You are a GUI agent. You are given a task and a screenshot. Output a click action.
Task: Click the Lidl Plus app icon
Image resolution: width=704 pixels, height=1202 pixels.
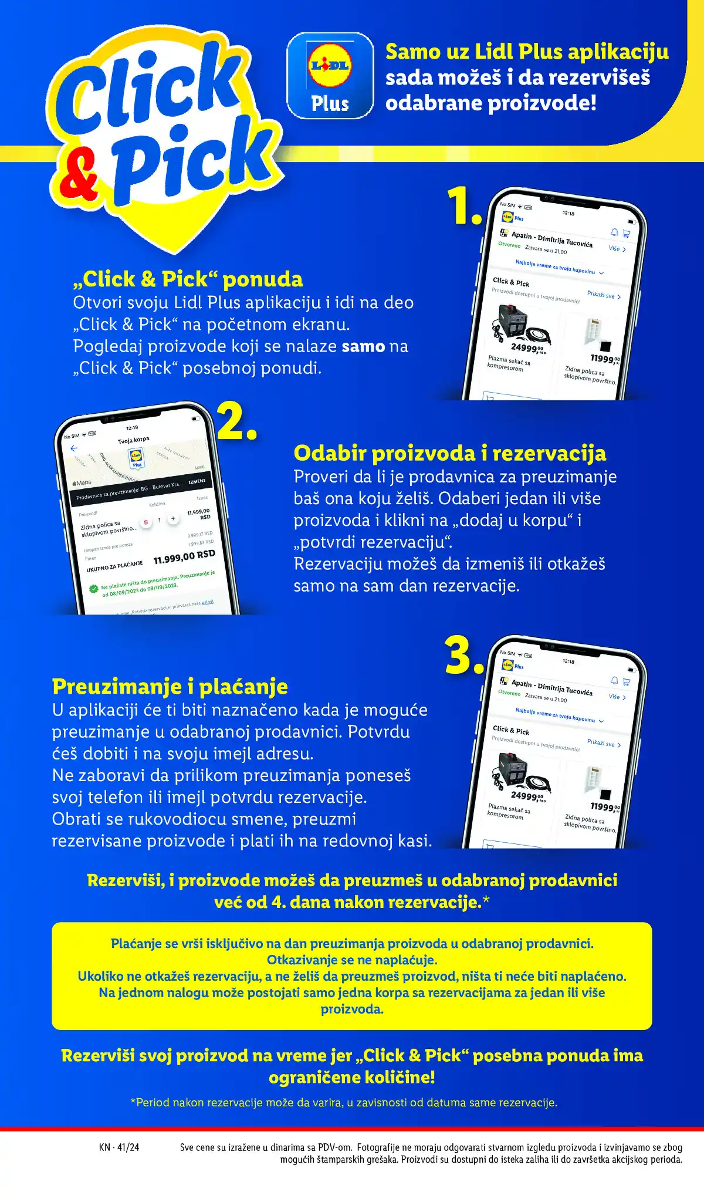(x=330, y=76)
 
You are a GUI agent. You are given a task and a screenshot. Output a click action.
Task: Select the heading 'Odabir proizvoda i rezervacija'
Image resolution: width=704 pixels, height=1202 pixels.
(x=449, y=453)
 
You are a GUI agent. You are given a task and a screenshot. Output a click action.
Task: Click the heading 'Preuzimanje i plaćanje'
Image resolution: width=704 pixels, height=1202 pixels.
(x=170, y=686)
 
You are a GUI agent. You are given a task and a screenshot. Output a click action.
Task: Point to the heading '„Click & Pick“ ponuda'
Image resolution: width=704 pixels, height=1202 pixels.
(x=188, y=279)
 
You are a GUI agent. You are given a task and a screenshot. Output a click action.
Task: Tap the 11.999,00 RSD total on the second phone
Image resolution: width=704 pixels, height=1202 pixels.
(x=184, y=556)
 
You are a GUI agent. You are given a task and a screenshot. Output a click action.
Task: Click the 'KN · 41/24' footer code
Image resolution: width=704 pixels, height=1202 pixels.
(x=119, y=1147)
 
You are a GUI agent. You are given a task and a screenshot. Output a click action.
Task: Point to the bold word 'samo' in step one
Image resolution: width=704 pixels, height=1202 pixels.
(x=363, y=346)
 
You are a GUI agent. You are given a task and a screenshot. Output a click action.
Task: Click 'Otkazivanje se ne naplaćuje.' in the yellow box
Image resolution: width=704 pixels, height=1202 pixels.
(x=352, y=960)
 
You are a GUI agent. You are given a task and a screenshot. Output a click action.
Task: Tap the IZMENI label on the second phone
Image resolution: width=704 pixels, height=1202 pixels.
(x=197, y=481)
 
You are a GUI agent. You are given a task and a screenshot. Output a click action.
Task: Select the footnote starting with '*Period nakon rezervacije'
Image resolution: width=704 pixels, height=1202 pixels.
(x=344, y=1103)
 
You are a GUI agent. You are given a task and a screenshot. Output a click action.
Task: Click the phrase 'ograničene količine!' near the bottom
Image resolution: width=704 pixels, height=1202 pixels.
(x=352, y=1078)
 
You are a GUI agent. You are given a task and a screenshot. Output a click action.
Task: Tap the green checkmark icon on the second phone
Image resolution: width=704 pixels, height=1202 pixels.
(x=93, y=589)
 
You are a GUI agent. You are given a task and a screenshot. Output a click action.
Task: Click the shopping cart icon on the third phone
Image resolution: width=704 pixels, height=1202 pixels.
(x=626, y=681)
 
